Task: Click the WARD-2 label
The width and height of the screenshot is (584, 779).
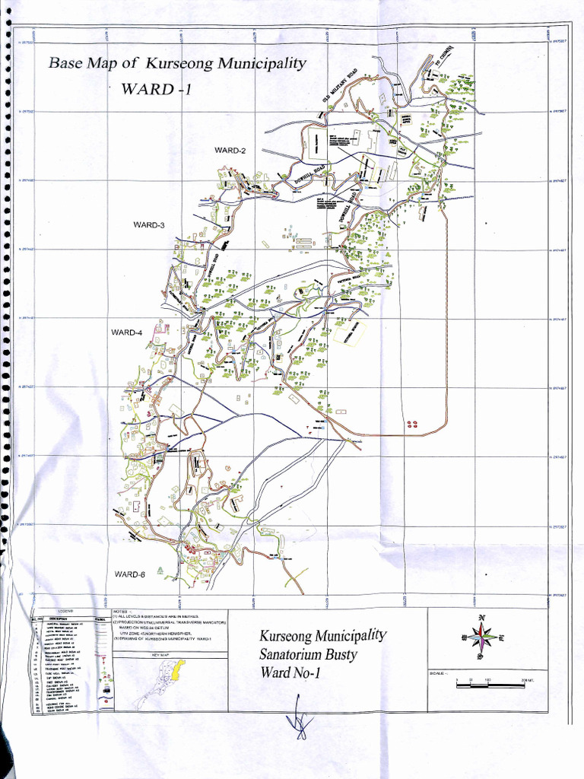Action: pos(230,151)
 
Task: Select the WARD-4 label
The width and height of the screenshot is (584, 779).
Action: pos(127,332)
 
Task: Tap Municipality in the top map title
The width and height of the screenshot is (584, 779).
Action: pos(262,63)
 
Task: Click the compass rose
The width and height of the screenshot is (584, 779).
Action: pos(482,634)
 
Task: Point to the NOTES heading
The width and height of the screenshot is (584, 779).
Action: pos(121,611)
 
